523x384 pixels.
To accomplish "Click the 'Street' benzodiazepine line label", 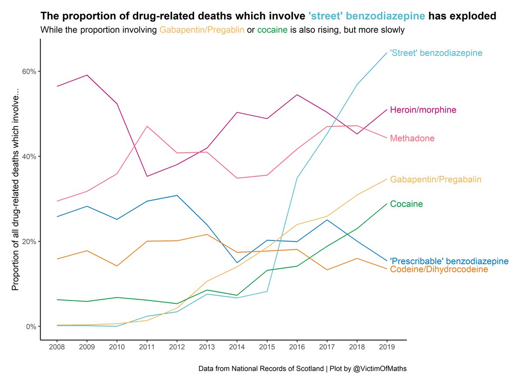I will [436, 53].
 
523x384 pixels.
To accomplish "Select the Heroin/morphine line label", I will [423, 110].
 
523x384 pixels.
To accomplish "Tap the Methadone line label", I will [412, 138].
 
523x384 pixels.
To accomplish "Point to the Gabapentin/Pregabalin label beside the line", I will [436, 179].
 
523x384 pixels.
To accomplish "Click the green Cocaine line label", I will [406, 204].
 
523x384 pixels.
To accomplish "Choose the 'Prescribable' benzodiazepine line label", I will [449, 261].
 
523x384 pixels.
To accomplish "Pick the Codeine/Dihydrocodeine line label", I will [438, 270].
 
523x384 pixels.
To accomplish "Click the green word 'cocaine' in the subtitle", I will [272, 30].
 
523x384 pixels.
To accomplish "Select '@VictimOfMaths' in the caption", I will [380, 369].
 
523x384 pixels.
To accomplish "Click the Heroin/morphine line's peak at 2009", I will [87, 75].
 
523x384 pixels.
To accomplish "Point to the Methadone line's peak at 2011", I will [147, 126].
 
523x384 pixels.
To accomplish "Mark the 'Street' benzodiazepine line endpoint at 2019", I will [387, 53].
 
